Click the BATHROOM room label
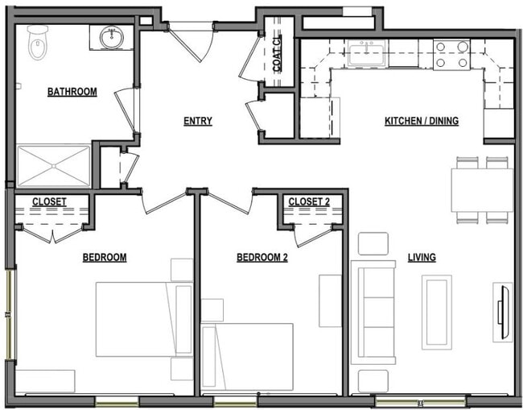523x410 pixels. pos(72,92)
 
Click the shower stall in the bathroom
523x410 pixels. pos(54,166)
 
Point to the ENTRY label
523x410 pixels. pos(197,122)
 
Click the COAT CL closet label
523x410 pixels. pos(278,54)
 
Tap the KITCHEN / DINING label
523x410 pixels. pos(421,122)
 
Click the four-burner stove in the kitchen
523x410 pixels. pos(451,53)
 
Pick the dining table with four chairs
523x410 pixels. pos(481,190)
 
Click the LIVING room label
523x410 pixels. pos(421,258)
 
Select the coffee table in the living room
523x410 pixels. pos(437,312)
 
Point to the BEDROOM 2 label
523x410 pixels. pos(261,258)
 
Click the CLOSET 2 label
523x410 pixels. pos(309,201)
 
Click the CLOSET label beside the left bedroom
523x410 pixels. pos(49,201)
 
